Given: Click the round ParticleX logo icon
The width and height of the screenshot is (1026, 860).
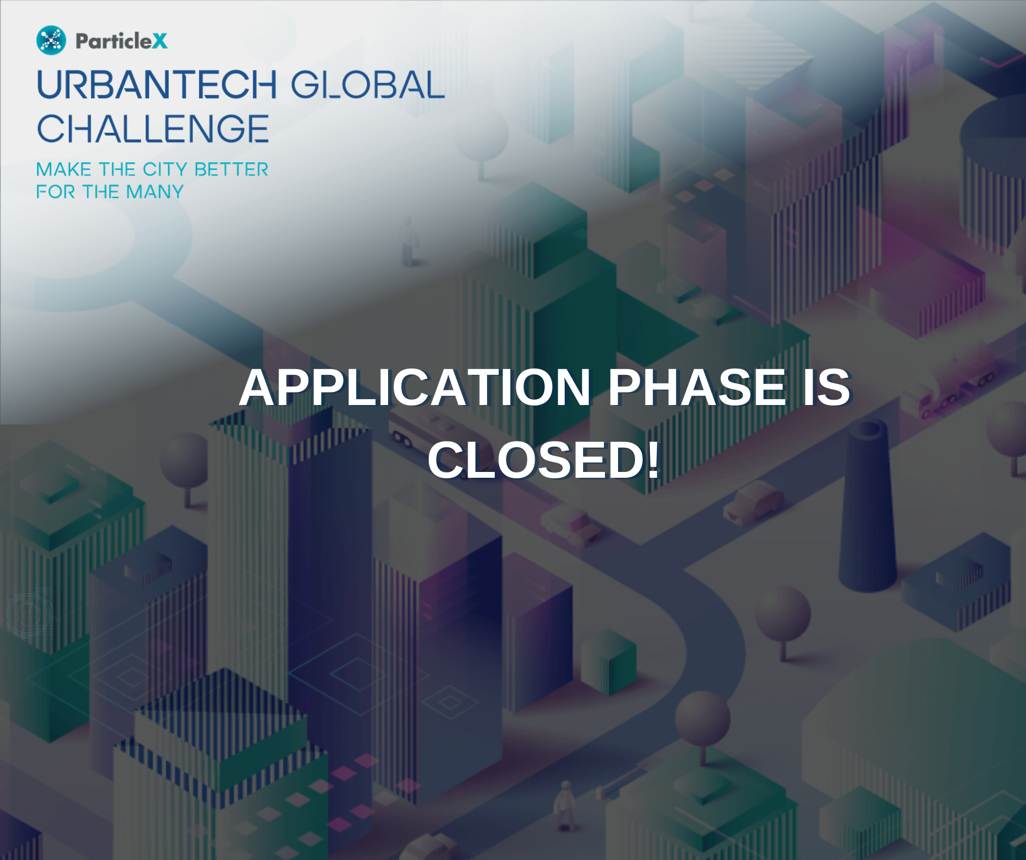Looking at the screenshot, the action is click(x=51, y=40).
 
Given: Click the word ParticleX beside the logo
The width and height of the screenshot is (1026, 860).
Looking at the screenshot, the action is click(x=122, y=41).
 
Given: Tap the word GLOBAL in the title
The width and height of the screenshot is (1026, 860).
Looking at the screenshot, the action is click(x=368, y=84).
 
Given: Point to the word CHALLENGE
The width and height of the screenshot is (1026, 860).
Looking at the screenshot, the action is click(x=153, y=129).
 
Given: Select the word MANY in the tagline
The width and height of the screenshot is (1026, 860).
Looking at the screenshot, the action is click(x=155, y=192).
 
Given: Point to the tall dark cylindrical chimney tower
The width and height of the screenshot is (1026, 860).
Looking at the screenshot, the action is click(x=868, y=506).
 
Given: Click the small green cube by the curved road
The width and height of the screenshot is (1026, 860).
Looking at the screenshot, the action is click(x=608, y=662).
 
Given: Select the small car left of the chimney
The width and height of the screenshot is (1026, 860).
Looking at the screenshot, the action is click(x=753, y=503).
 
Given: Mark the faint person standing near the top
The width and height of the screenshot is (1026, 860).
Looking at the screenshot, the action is click(x=408, y=242).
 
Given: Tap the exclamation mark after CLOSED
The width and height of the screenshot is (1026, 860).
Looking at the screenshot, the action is click(x=653, y=459).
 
